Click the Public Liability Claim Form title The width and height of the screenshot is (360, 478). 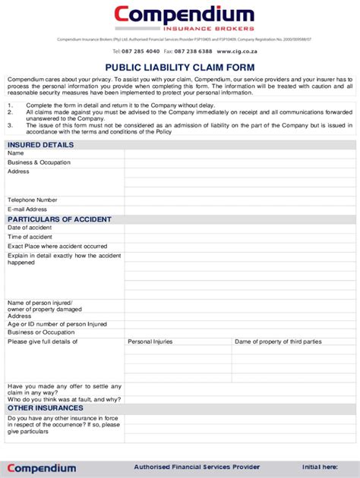coord(179,67)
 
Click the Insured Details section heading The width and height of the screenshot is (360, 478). coord(40,144)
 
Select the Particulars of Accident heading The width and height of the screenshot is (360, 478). coord(59,219)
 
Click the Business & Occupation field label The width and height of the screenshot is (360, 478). coord(39,162)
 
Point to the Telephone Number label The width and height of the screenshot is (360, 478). coord(33,200)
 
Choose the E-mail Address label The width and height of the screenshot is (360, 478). coord(27,209)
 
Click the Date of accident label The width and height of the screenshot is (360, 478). coord(30,228)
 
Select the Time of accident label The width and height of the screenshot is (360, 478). coord(30,237)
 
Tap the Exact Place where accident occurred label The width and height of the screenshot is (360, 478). coord(58,247)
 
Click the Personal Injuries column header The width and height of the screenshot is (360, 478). coord(150,341)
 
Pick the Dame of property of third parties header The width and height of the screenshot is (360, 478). coord(278,341)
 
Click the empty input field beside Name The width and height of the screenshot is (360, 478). coord(239,153)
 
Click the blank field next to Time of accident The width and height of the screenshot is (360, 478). coord(239,237)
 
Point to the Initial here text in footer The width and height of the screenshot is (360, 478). coord(320,467)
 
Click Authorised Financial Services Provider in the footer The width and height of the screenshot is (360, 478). coord(197,467)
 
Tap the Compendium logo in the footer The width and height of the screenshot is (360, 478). coord(42,468)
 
